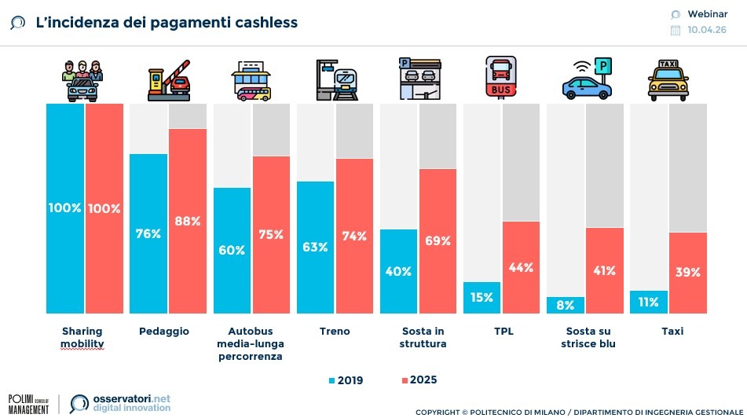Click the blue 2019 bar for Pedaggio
(148, 233)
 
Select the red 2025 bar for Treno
(354, 236)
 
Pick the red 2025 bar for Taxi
(688, 273)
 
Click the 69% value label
(438, 241)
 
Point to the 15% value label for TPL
(482, 297)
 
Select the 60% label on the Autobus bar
(232, 250)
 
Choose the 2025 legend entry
(418, 380)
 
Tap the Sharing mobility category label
(82, 338)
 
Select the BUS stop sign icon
(500, 77)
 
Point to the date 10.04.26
(706, 30)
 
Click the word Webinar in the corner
(706, 13)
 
